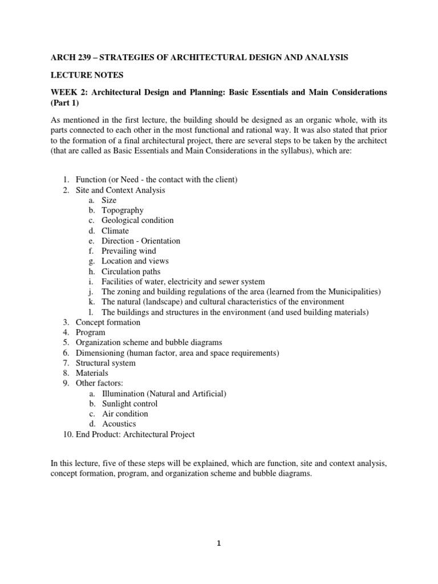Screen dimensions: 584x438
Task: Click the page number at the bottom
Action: [218, 544]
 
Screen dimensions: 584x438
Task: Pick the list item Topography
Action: [122, 210]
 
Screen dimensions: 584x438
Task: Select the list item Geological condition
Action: [137, 221]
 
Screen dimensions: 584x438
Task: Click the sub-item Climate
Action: [115, 231]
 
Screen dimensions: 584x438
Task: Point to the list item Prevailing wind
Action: [128, 251]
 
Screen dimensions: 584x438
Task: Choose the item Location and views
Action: [135, 261]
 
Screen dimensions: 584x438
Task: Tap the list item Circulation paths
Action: [131, 271]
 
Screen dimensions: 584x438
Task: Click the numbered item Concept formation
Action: [108, 322]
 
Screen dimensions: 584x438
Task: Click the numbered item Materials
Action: [92, 373]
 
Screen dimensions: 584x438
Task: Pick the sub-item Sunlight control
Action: [129, 404]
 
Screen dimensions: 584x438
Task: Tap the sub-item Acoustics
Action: [119, 424]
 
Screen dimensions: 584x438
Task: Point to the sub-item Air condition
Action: [125, 413]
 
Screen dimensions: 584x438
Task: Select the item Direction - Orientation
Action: [141, 241]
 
